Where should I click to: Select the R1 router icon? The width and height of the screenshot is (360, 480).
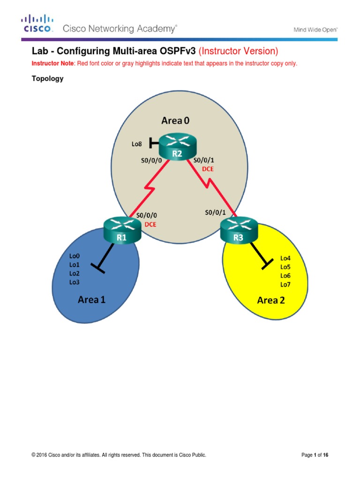[x=122, y=231]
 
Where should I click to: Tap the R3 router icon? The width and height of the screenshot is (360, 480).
[x=238, y=231]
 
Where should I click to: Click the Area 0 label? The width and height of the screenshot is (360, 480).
[x=176, y=121]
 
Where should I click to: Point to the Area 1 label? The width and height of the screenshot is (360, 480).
[x=91, y=299]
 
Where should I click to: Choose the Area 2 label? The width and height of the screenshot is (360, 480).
[x=271, y=300]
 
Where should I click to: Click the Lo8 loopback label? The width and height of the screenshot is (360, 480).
[x=136, y=144]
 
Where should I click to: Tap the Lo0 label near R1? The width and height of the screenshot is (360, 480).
[x=75, y=256]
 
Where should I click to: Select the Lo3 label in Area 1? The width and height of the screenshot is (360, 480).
[x=75, y=282]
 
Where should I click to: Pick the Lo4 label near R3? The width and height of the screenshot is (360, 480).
[x=285, y=258]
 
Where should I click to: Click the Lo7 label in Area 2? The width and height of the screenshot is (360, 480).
[x=285, y=284]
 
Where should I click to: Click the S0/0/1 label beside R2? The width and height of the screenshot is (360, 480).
[x=204, y=160]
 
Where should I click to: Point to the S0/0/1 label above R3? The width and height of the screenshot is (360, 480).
[x=215, y=212]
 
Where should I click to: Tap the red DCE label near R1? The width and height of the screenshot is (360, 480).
[x=150, y=224]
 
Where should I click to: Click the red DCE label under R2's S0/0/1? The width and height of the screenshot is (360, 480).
[x=207, y=169]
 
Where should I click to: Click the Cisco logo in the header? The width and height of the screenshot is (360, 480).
[x=38, y=23]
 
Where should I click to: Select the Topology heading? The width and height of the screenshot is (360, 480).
[x=47, y=79]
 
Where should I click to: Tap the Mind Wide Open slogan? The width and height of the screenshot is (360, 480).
[x=315, y=29]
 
